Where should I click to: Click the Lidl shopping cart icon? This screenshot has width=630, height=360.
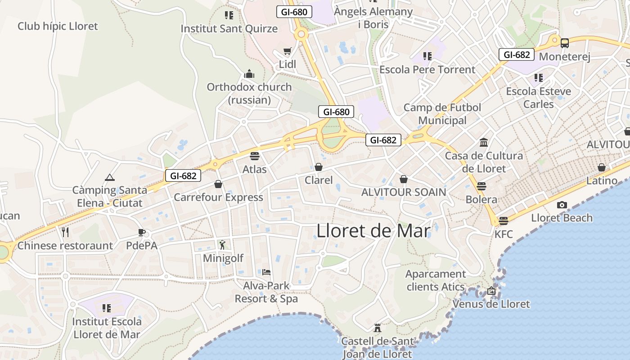pos(287,51)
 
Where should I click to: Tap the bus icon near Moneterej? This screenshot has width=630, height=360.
pos(564,43)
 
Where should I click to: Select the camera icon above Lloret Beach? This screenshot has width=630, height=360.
pos(562,205)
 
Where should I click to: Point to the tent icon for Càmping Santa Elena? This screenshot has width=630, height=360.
pos(109,177)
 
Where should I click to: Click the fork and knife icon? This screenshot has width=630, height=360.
pos(65,232)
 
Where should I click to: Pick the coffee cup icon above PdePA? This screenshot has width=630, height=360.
pos(142,232)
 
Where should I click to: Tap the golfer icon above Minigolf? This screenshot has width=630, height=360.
pos(222,245)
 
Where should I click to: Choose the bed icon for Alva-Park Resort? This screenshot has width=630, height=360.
pos(266,272)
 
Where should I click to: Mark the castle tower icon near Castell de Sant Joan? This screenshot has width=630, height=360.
pos(378,328)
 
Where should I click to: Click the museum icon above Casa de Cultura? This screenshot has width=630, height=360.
pos(484,143)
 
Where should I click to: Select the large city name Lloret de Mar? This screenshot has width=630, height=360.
pos(373,230)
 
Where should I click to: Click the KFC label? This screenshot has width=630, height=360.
pos(503,234)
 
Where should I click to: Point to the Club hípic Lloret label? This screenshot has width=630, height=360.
pos(58,26)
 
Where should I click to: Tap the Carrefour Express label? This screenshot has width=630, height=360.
pos(218,197)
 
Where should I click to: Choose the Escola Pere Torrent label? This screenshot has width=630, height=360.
pos(427,69)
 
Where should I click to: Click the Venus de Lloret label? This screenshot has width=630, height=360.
pos(491,304)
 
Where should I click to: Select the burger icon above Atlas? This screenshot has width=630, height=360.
pos(255,156)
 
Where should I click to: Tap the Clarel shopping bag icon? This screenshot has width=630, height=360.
pos(319,167)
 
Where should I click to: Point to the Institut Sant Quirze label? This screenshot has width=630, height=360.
pos(229,29)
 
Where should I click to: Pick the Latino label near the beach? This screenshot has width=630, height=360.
pos(602,180)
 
